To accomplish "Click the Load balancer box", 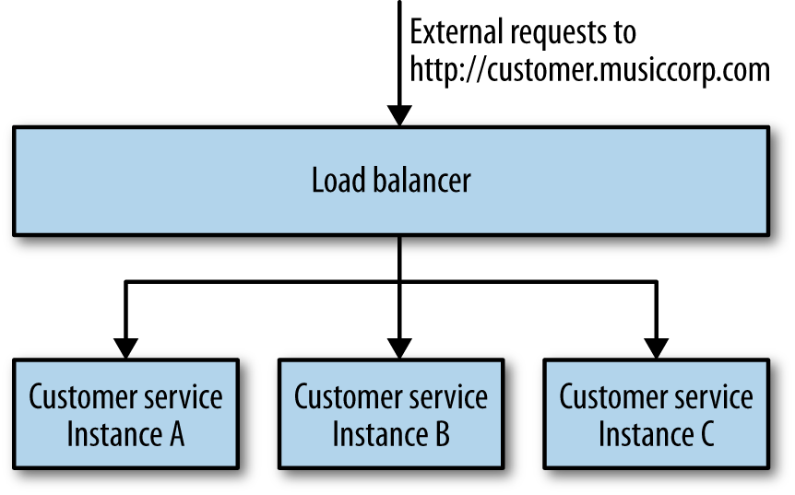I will click(390, 180).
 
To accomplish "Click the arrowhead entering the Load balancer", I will click(398, 115).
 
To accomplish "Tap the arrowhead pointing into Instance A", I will click(126, 348).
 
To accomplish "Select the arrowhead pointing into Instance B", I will click(398, 348).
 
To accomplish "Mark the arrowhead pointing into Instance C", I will click(656, 348).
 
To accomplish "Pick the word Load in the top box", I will click(334, 180).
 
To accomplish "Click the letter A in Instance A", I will click(175, 433).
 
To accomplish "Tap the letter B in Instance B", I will click(441, 433).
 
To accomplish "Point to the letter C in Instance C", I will click(706, 433).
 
